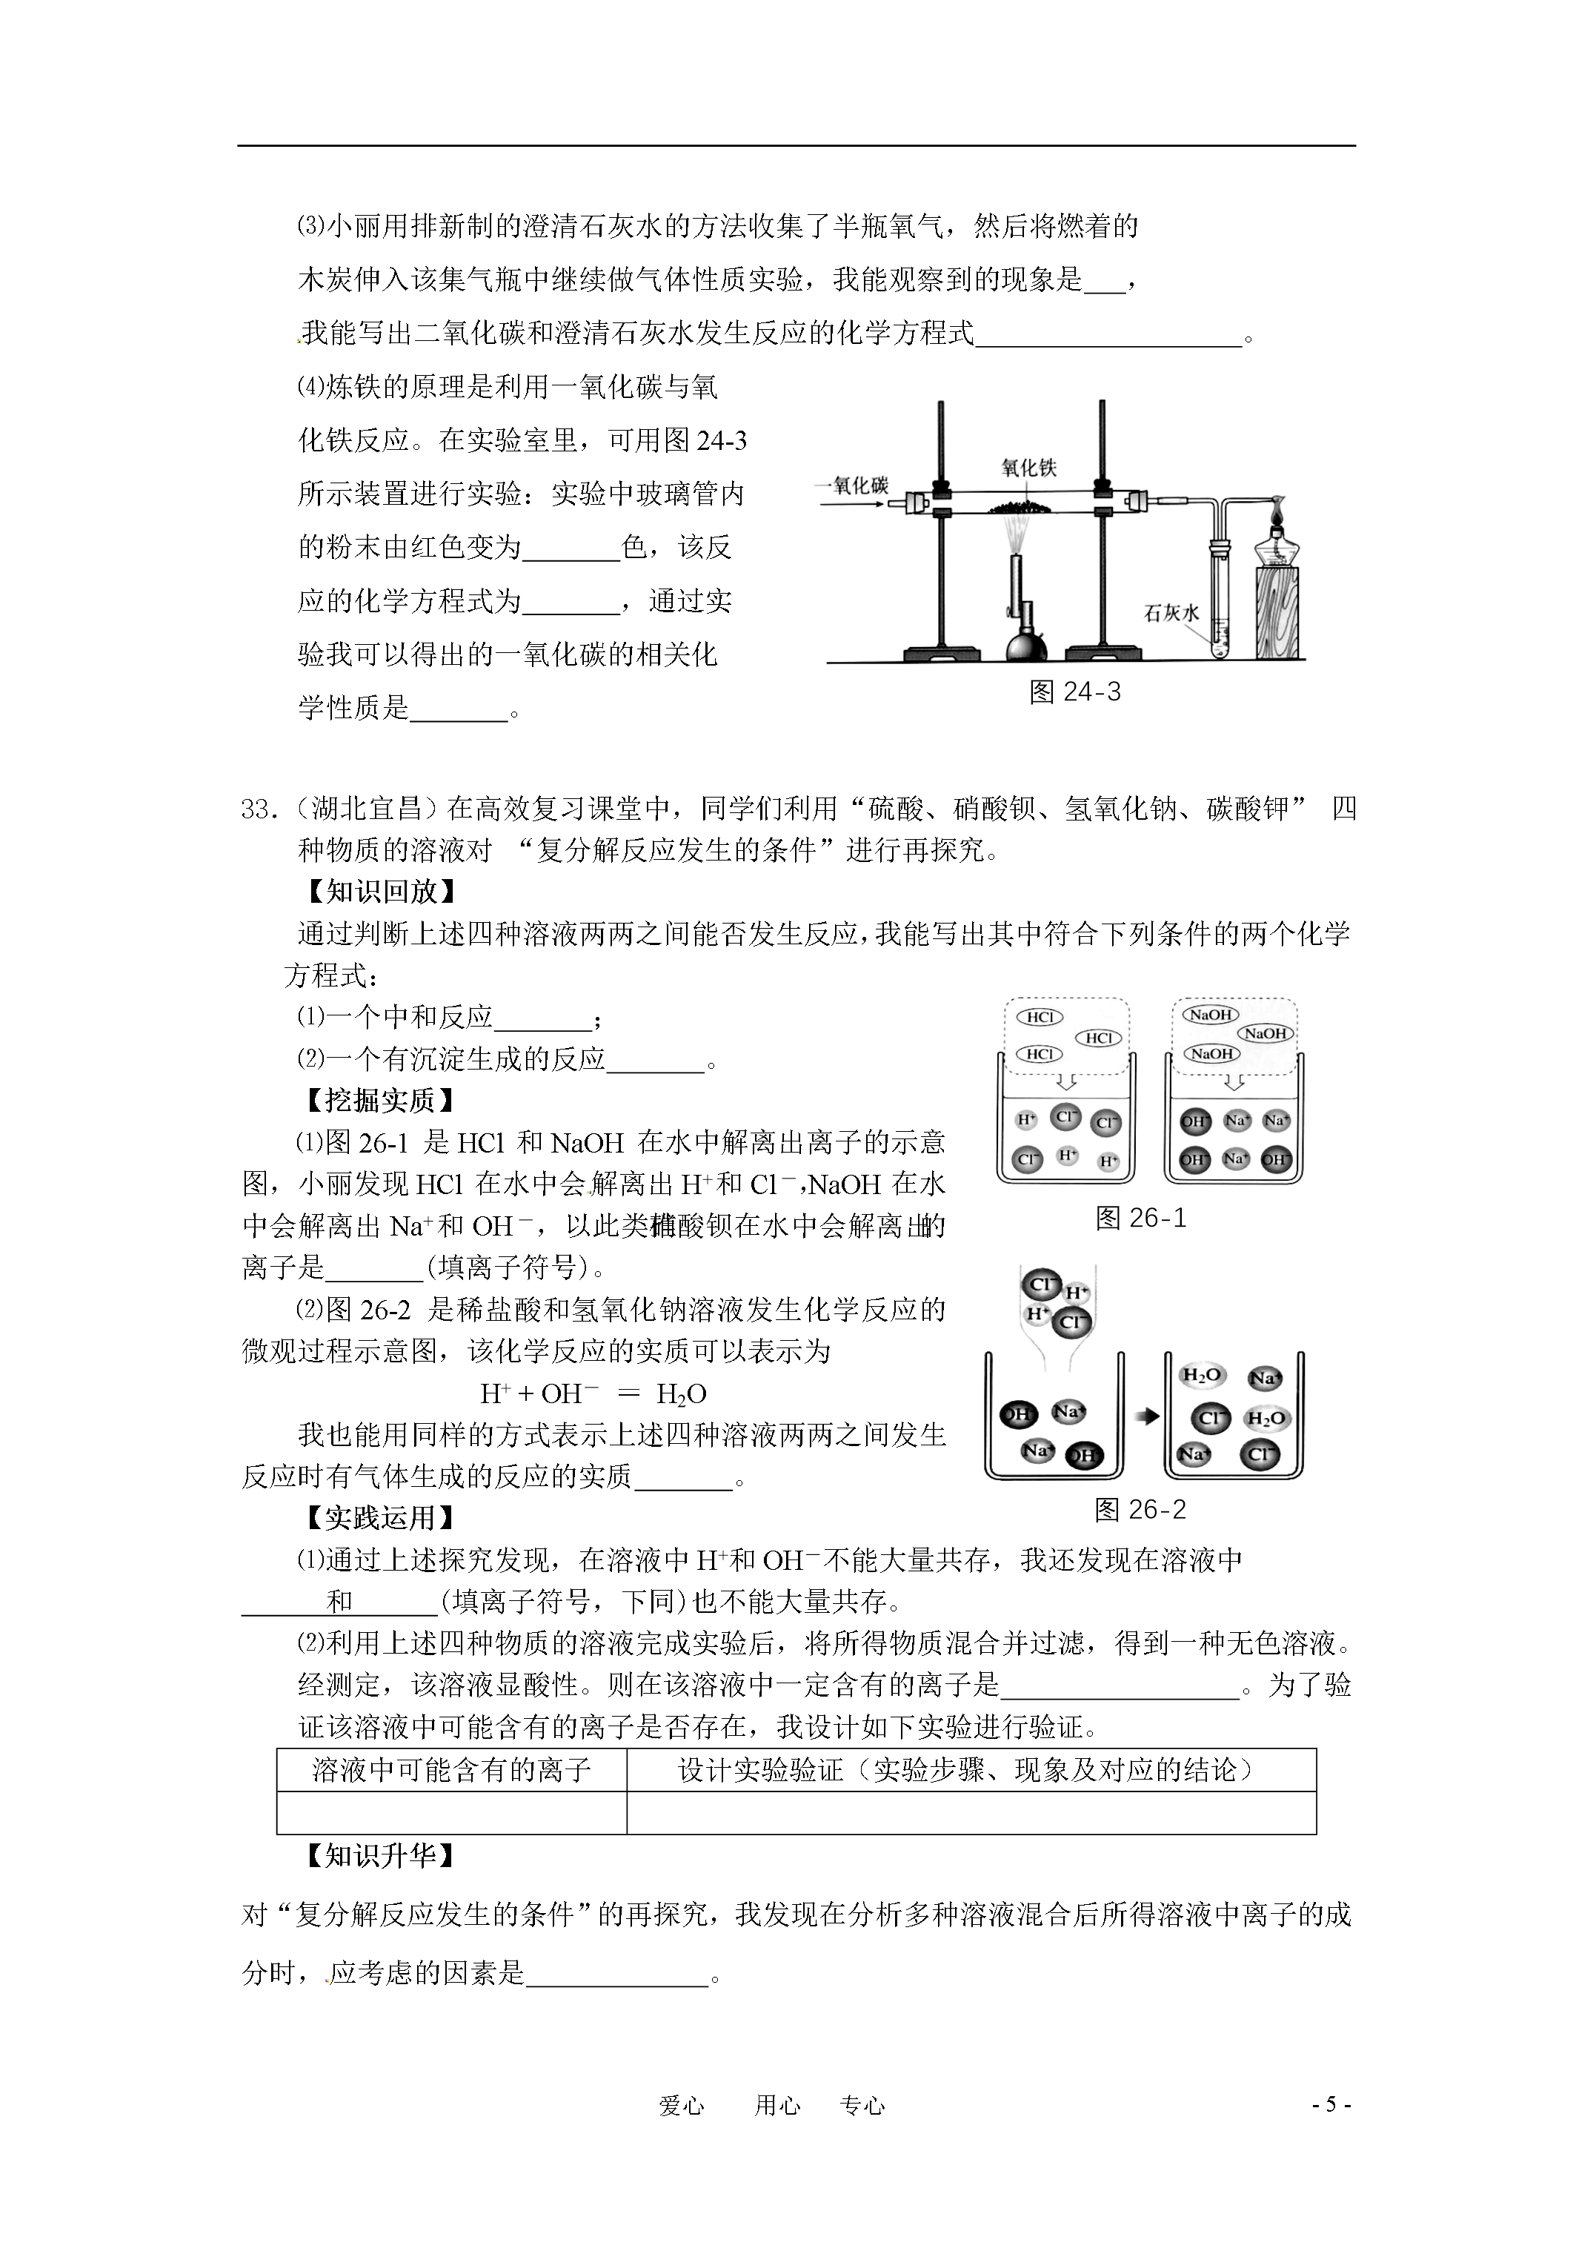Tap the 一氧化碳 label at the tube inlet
[851, 485]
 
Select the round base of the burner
[1025, 647]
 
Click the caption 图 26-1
[1140, 1219]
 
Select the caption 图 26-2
[1140, 1510]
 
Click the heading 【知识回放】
[380, 892]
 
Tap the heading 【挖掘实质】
[380, 1101]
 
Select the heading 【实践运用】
[380, 1518]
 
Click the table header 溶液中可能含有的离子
[451, 1769]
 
